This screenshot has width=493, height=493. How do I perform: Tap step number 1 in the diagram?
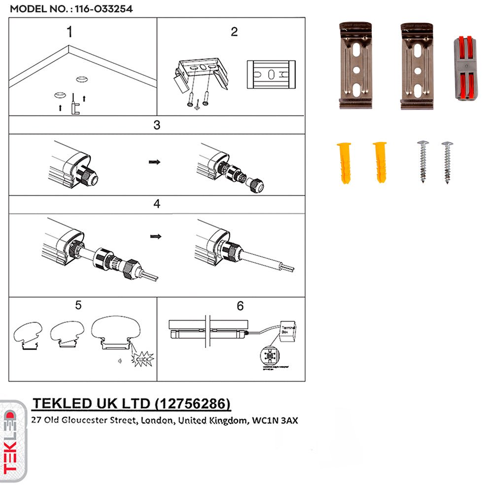tap(70, 32)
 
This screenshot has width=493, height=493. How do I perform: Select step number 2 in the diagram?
tap(234, 32)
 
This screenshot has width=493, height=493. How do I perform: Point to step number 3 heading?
tap(157, 125)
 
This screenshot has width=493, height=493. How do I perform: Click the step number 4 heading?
tap(157, 204)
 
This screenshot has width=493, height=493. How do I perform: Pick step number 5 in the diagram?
tap(78, 306)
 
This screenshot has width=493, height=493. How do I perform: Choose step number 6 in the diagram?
tap(240, 306)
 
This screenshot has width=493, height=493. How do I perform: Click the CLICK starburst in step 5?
tap(142, 359)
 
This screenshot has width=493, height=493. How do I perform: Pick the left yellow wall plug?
tap(344, 163)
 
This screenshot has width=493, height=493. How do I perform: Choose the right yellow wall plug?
tap(380, 162)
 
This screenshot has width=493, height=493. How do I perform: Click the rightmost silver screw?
tap(448, 162)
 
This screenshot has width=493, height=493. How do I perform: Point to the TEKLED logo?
tap(13, 440)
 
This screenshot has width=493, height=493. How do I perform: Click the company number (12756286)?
tap(192, 404)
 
